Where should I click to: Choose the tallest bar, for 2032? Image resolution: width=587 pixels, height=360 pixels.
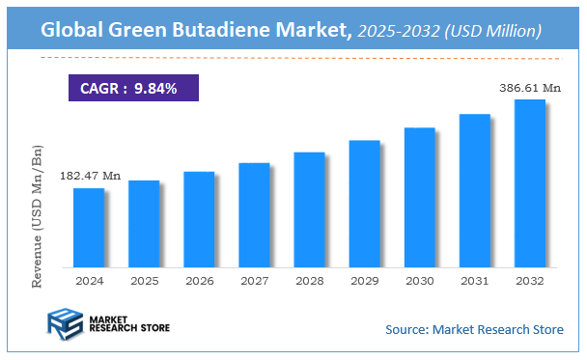click(529, 183)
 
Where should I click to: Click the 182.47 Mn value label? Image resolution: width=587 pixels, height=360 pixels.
click(90, 176)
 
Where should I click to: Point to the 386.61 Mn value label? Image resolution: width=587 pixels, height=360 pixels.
click(529, 87)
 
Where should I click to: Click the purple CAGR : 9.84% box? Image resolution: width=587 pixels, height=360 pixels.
click(133, 89)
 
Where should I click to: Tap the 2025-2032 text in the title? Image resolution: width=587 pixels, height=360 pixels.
click(398, 32)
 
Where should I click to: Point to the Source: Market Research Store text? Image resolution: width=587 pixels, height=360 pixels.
click(474, 329)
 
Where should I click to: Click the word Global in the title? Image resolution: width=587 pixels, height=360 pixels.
click(73, 32)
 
